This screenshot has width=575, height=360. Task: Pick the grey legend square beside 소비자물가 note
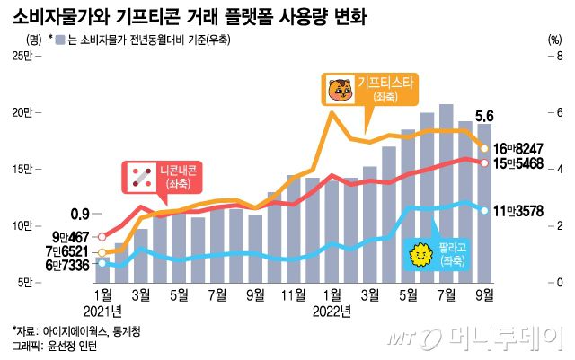57,39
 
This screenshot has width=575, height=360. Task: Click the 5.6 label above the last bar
484,115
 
